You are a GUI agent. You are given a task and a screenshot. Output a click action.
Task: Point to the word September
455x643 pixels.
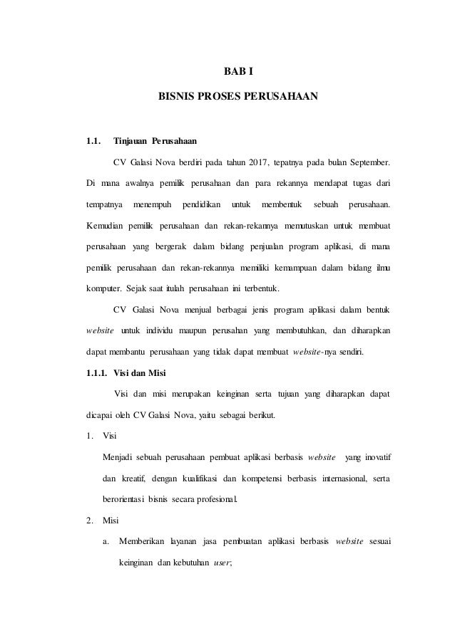(367, 165)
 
